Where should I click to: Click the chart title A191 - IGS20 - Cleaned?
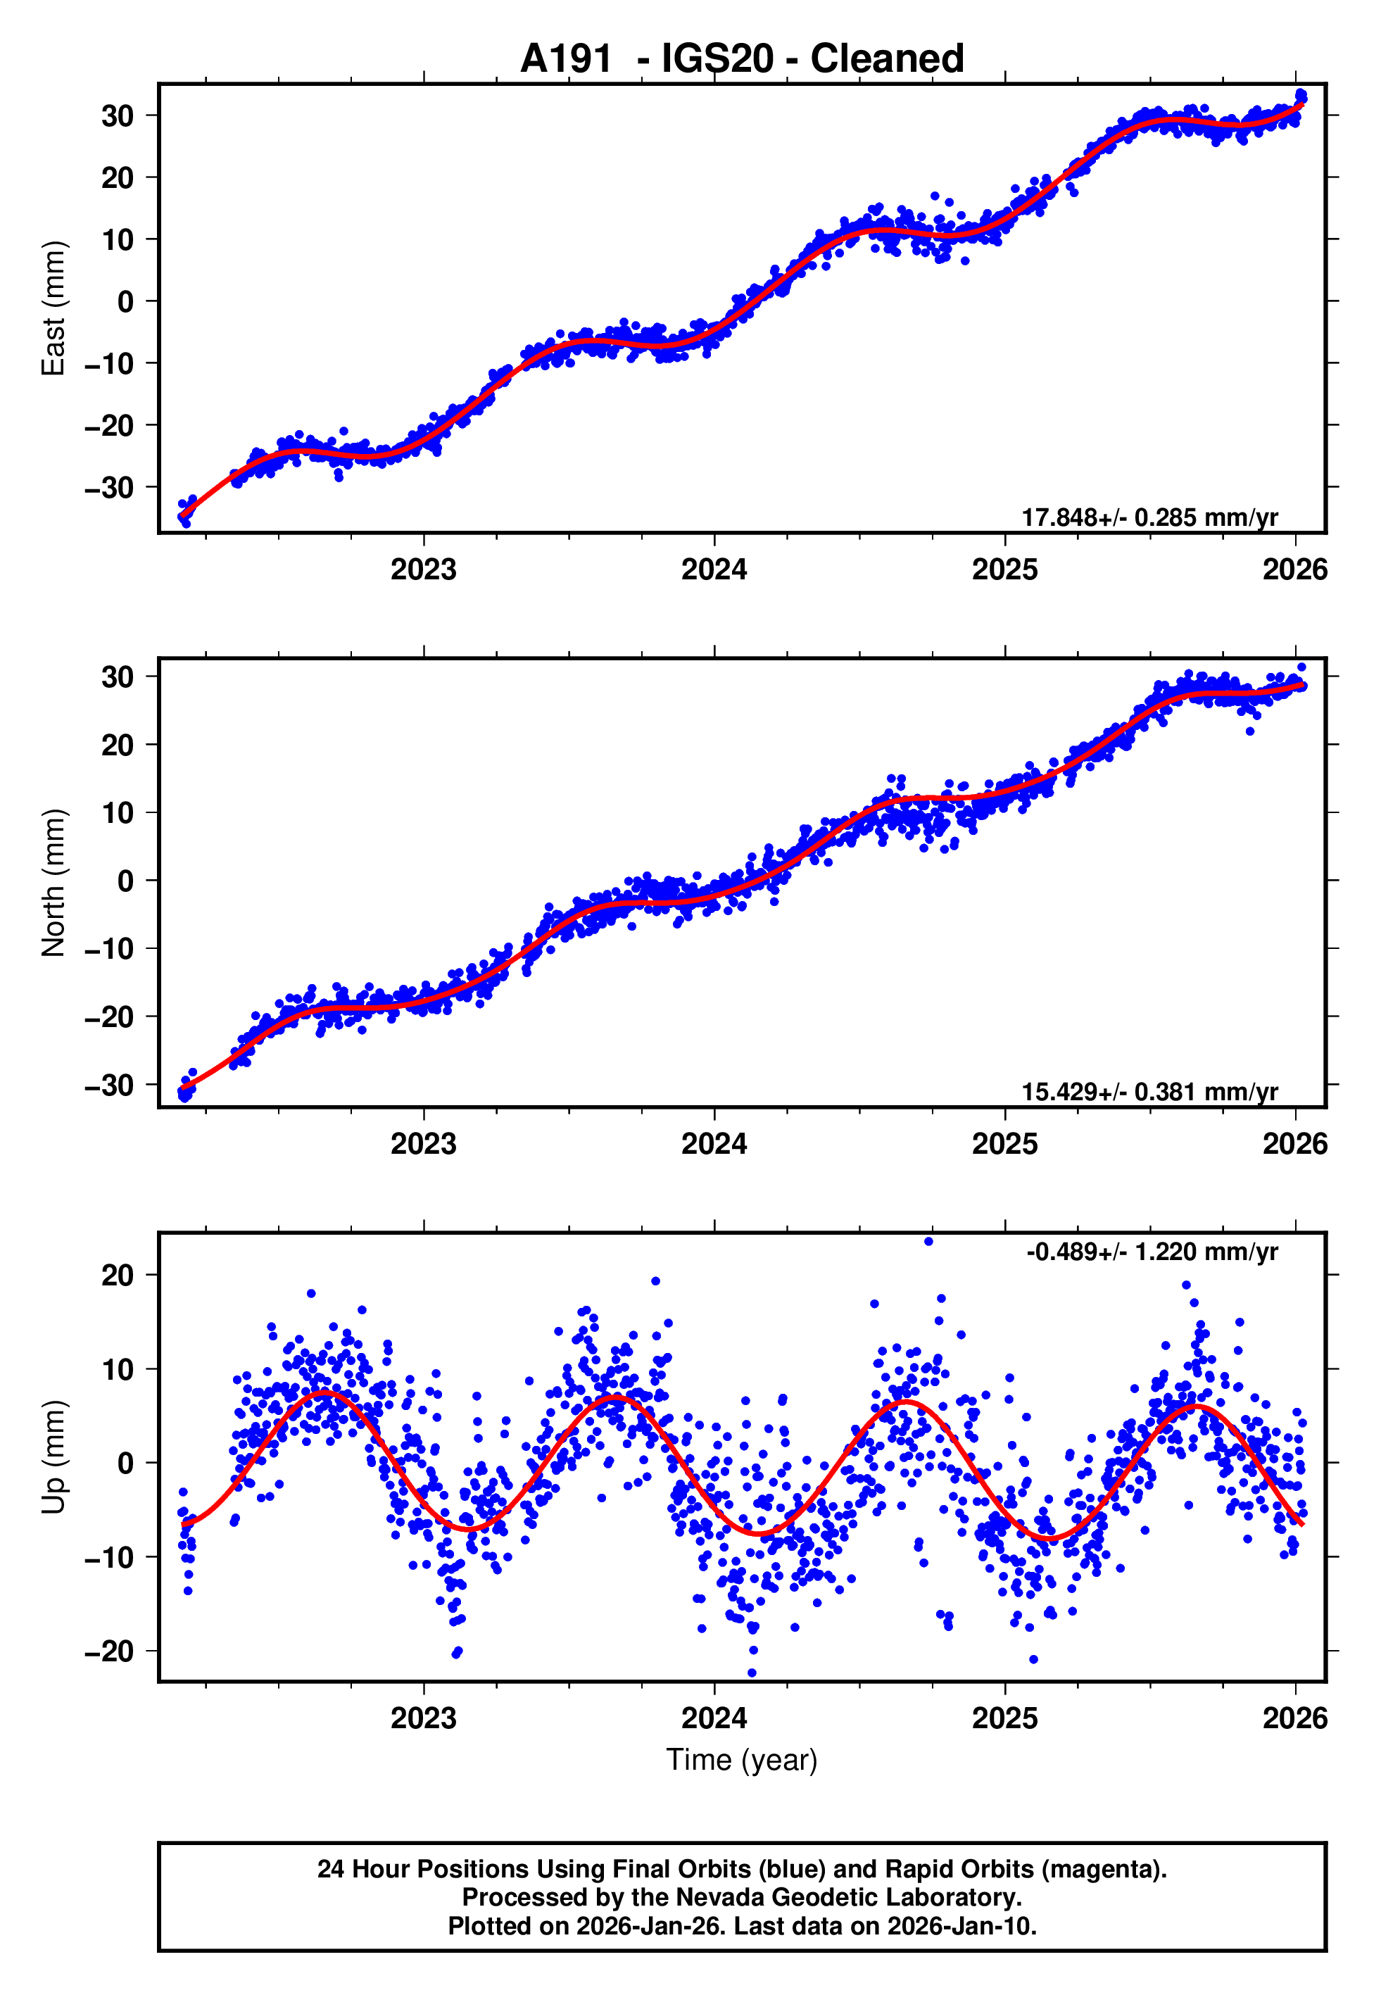(x=742, y=59)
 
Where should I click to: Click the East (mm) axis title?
(x=53, y=308)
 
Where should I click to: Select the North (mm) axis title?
(x=53, y=883)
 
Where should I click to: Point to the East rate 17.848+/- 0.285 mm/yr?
(x=1149, y=517)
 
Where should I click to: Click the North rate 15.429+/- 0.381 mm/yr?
(x=1149, y=1092)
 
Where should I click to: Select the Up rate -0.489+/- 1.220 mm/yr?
(x=1152, y=1252)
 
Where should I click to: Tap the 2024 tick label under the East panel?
(x=714, y=570)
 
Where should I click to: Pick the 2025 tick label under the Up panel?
(x=1004, y=1718)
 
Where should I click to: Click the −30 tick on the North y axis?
(x=109, y=1085)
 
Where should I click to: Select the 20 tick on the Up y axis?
(x=118, y=1275)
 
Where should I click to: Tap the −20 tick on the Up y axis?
(x=109, y=1651)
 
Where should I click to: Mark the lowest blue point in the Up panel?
(x=751, y=1673)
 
